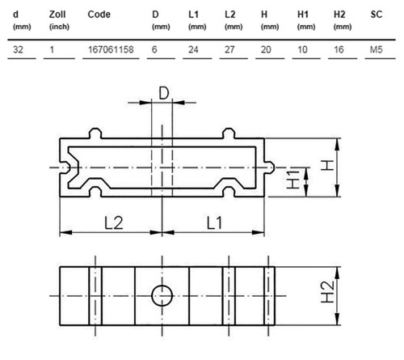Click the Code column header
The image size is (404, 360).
tap(99, 15)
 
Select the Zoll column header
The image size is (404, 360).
tap(57, 15)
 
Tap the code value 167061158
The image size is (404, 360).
tap(111, 49)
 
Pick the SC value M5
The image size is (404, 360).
tap(376, 49)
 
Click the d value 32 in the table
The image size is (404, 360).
tap(18, 49)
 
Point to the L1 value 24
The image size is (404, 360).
tap(193, 49)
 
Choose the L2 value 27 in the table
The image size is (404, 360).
tap(229, 49)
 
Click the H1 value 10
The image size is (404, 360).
tap(302, 49)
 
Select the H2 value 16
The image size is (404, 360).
tap(339, 49)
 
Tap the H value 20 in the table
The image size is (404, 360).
tap(266, 49)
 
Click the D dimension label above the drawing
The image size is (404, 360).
tap(164, 94)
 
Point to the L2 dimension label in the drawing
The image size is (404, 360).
tap(114, 223)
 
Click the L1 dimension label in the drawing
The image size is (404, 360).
tap(214, 223)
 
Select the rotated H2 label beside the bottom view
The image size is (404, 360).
tap(328, 292)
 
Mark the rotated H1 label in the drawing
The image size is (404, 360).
tap(292, 180)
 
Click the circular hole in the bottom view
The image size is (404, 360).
tap(162, 296)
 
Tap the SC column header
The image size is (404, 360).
tap(377, 15)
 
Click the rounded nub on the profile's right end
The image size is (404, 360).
tap(270, 167)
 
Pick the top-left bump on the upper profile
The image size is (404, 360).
tap(95, 133)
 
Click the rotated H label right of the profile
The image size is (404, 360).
tap(327, 165)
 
